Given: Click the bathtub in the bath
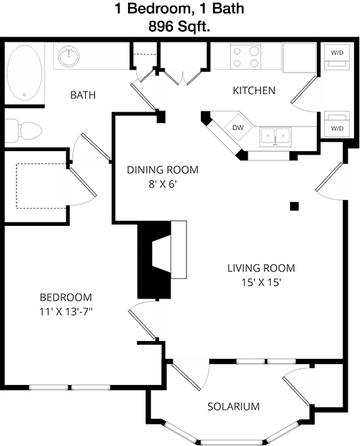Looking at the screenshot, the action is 24,73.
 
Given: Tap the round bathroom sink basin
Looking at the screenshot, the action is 69,56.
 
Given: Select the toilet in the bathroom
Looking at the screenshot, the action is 23,131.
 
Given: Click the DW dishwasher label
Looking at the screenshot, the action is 238,128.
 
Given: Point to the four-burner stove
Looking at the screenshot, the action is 246,56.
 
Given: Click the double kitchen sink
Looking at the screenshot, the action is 275,136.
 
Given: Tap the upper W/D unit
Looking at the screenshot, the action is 337,56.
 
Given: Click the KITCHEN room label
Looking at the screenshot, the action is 254,91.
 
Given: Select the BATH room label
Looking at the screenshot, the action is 83,95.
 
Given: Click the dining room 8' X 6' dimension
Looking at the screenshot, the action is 163,184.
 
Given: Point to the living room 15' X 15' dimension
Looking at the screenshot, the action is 261,283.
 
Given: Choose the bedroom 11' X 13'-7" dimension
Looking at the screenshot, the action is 66,312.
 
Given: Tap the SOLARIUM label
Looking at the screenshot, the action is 233,406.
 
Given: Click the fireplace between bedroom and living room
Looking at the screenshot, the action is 162,260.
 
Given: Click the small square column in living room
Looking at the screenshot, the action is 294,206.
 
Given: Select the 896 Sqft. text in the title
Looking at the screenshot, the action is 179,27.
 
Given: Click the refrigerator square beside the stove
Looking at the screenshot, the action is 300,58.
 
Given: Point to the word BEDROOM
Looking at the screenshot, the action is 66,297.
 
